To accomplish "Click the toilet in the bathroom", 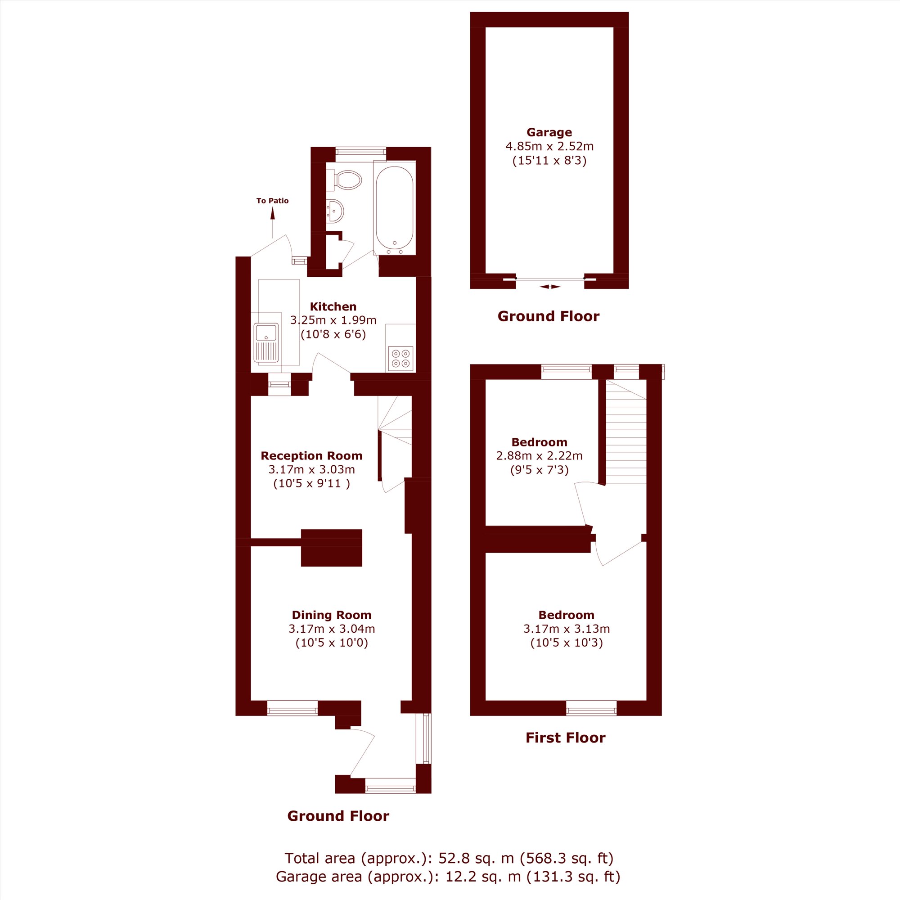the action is coord(344,180).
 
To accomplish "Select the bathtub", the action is coord(395,208).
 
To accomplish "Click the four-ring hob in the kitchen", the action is coord(400,359).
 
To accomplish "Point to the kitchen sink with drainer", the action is coord(266,343).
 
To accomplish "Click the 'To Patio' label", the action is coord(273,201).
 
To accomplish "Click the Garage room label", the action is coord(549,132).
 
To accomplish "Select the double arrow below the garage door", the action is coord(550,287).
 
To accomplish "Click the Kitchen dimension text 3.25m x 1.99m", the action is coord(333,320).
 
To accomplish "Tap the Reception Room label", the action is coord(311,455).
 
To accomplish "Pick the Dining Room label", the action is coord(332,615).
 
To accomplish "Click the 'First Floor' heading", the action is coord(566,738).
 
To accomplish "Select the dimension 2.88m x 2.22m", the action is coord(540,455).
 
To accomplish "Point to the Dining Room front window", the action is coord(292,707).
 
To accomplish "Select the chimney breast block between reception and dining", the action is coord(331,548).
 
